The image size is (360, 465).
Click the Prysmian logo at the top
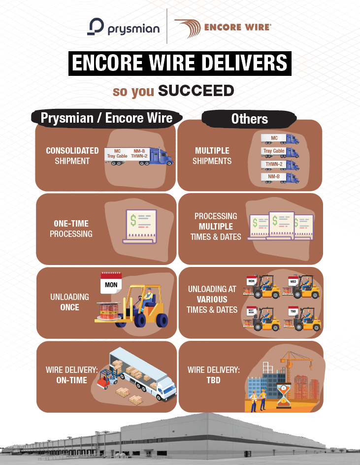tap(123, 27)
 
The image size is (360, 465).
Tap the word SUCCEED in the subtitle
tap(196, 91)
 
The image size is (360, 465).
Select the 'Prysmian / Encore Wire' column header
tap(106, 118)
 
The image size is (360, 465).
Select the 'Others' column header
tap(249, 119)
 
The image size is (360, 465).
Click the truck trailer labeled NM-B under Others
tap(274, 176)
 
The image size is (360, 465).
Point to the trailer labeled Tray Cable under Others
tap(274, 151)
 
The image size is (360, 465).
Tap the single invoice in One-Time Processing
tap(141, 226)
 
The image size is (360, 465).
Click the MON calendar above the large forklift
tap(111, 283)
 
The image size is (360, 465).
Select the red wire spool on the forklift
tap(109, 312)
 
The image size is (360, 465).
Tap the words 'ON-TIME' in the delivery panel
tap(72, 380)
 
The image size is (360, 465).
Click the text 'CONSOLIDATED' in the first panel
tap(72, 151)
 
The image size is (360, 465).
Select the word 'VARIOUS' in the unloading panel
tap(212, 299)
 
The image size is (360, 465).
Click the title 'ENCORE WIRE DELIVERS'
tap(180, 63)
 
